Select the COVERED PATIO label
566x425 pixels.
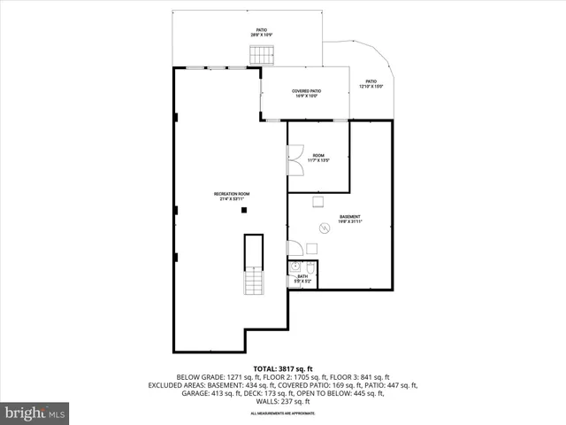(306, 94)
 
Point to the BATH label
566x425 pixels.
(302, 279)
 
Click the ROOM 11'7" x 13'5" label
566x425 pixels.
(318, 158)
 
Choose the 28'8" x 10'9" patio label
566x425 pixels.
(262, 33)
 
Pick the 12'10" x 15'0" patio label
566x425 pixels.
(371, 85)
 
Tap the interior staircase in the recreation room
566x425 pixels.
(254, 282)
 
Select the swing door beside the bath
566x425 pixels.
(293, 248)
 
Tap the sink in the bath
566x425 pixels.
(295, 267)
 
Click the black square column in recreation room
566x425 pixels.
(246, 209)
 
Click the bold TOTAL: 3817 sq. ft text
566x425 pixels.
(283, 368)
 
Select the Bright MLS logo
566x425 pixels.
(35, 413)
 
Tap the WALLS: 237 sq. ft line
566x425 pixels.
(283, 401)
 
